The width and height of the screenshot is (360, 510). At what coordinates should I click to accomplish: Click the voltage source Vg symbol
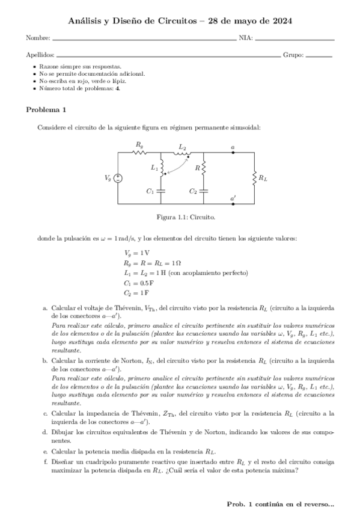point(118,178)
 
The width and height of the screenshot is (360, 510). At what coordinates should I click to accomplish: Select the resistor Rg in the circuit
point(140,152)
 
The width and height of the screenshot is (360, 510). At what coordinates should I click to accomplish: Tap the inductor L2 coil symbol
point(183,153)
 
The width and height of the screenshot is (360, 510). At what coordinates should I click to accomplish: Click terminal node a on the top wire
point(233,152)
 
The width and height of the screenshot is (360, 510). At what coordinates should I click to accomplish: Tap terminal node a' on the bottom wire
point(233,204)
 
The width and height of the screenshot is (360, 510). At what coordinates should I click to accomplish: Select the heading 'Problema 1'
point(46,109)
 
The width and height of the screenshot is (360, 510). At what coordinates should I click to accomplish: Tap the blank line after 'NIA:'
point(294,40)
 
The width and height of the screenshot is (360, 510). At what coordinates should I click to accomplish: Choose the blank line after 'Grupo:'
point(319,56)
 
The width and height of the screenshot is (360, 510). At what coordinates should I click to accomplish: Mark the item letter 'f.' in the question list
point(45,461)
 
